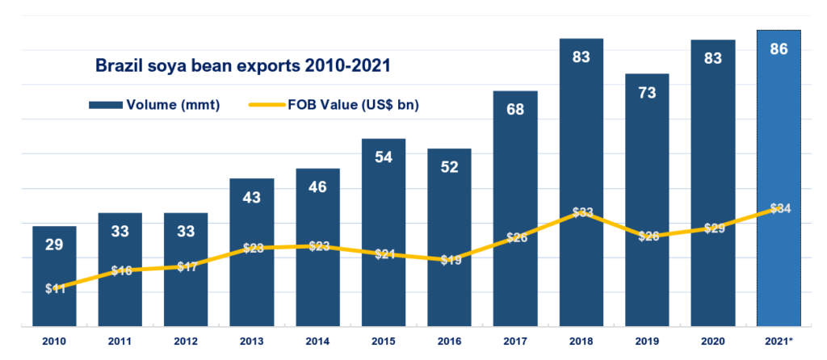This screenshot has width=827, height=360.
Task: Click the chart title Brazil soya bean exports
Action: (243, 65)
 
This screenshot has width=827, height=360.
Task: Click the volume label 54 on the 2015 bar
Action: (384, 157)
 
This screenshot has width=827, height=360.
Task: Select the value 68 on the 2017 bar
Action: (515, 110)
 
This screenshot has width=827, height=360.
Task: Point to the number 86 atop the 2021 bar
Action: (779, 49)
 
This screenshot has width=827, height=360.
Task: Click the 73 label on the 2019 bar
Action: (646, 92)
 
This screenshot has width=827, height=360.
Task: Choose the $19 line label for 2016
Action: (449, 260)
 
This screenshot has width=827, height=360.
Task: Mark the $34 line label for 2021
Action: (779, 209)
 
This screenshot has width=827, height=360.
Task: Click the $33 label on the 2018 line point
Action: (581, 213)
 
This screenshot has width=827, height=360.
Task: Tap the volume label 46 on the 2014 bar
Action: (317, 187)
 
